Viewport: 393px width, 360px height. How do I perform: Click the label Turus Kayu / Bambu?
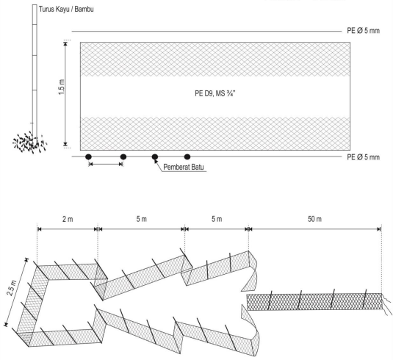(66, 10)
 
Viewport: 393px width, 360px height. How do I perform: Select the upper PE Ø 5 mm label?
(363, 31)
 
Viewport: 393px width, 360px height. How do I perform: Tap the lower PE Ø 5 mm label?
(363, 157)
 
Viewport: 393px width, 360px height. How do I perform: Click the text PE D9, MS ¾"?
(215, 93)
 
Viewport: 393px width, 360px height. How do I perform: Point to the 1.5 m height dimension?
(62, 87)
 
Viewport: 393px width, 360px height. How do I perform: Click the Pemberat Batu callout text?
(184, 167)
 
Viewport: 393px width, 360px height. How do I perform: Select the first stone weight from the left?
(88, 157)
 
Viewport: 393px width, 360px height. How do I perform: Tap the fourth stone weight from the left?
(187, 157)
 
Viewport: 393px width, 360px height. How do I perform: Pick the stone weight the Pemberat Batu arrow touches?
(155, 157)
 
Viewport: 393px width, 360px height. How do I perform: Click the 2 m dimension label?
(68, 219)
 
